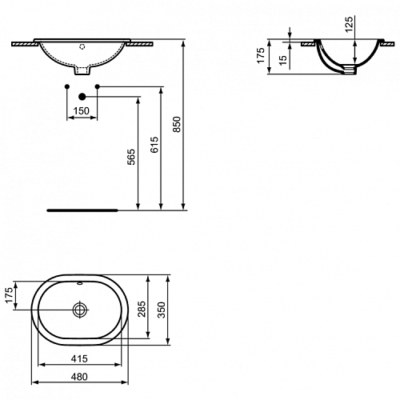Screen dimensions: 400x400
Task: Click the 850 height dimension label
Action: (177, 124)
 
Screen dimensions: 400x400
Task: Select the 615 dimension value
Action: (154, 145)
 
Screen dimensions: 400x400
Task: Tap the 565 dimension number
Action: (131, 157)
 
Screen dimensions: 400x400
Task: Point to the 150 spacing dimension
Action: (82, 110)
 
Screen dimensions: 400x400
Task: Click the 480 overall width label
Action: (79, 377)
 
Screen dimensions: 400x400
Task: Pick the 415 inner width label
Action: (79, 358)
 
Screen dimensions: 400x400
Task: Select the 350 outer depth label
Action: (162, 310)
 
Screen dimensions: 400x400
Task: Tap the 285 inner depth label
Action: (142, 309)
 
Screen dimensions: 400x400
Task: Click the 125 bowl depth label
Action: (350, 24)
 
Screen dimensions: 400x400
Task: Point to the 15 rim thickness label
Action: (283, 59)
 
